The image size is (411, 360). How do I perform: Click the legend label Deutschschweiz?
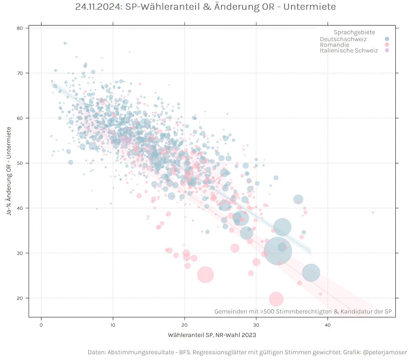tap(343, 39)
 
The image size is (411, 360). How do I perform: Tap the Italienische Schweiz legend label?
tap(349, 51)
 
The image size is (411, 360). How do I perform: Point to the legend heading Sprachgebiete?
tap(354, 33)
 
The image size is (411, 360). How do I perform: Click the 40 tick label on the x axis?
tap(328, 325)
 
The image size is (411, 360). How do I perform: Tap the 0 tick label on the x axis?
tap(41, 325)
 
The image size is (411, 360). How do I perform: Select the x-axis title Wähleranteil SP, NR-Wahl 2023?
tap(212, 335)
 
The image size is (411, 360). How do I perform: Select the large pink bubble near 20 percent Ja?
tap(276, 299)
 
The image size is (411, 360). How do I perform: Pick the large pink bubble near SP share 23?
tap(205, 274)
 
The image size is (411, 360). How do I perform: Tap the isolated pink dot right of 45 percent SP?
tap(373, 212)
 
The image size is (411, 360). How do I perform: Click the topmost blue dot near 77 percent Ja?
tap(65, 43)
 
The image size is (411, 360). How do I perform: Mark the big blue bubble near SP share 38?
tap(311, 272)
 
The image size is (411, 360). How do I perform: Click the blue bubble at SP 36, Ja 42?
tap(298, 200)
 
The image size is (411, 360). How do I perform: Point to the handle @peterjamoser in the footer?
tap(385, 353)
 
